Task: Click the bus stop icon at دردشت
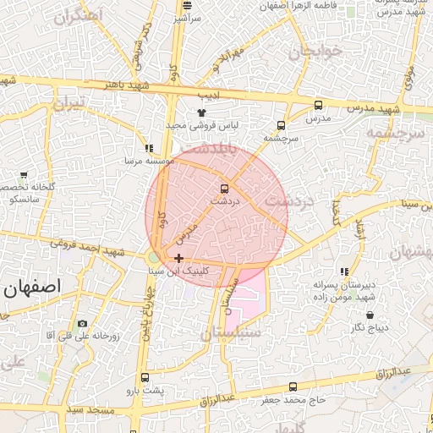(x=224, y=188)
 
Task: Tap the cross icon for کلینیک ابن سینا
(x=178, y=258)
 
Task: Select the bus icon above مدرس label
(x=318, y=106)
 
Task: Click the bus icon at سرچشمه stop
(x=282, y=123)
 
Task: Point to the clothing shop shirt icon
(x=201, y=112)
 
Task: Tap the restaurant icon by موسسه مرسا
(x=149, y=148)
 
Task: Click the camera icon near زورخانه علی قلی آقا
(x=82, y=324)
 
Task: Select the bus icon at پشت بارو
(x=145, y=377)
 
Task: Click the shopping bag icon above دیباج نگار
(x=370, y=315)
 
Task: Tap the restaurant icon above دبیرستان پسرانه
(x=343, y=272)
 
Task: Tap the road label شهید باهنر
(x=128, y=85)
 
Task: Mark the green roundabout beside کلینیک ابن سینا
(x=153, y=256)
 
